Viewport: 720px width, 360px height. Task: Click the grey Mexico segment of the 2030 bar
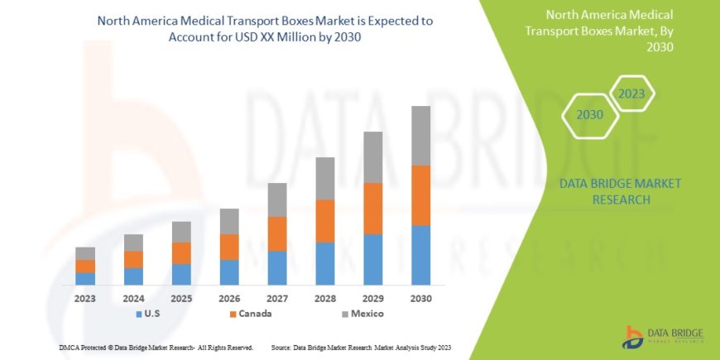[420, 136]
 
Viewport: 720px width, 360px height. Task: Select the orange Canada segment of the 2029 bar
[372, 209]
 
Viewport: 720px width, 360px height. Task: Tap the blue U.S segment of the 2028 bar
[325, 263]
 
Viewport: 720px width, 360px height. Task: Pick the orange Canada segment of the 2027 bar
[277, 233]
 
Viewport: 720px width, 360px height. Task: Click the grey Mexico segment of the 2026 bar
[229, 221]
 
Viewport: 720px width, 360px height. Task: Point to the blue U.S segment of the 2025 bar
[181, 274]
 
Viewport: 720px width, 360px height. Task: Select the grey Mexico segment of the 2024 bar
[133, 242]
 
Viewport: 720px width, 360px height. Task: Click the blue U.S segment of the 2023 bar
[85, 278]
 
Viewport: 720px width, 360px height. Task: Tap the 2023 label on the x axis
[85, 298]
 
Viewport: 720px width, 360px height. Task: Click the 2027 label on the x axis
[277, 298]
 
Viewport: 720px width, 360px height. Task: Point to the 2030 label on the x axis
[420, 298]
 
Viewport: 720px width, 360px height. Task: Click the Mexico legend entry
[361, 314]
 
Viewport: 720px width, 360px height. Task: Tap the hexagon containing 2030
[589, 114]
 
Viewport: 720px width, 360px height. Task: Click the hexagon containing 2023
[631, 94]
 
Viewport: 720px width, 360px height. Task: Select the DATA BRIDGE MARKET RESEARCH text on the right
[620, 191]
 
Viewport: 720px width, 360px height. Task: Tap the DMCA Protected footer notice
[156, 347]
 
